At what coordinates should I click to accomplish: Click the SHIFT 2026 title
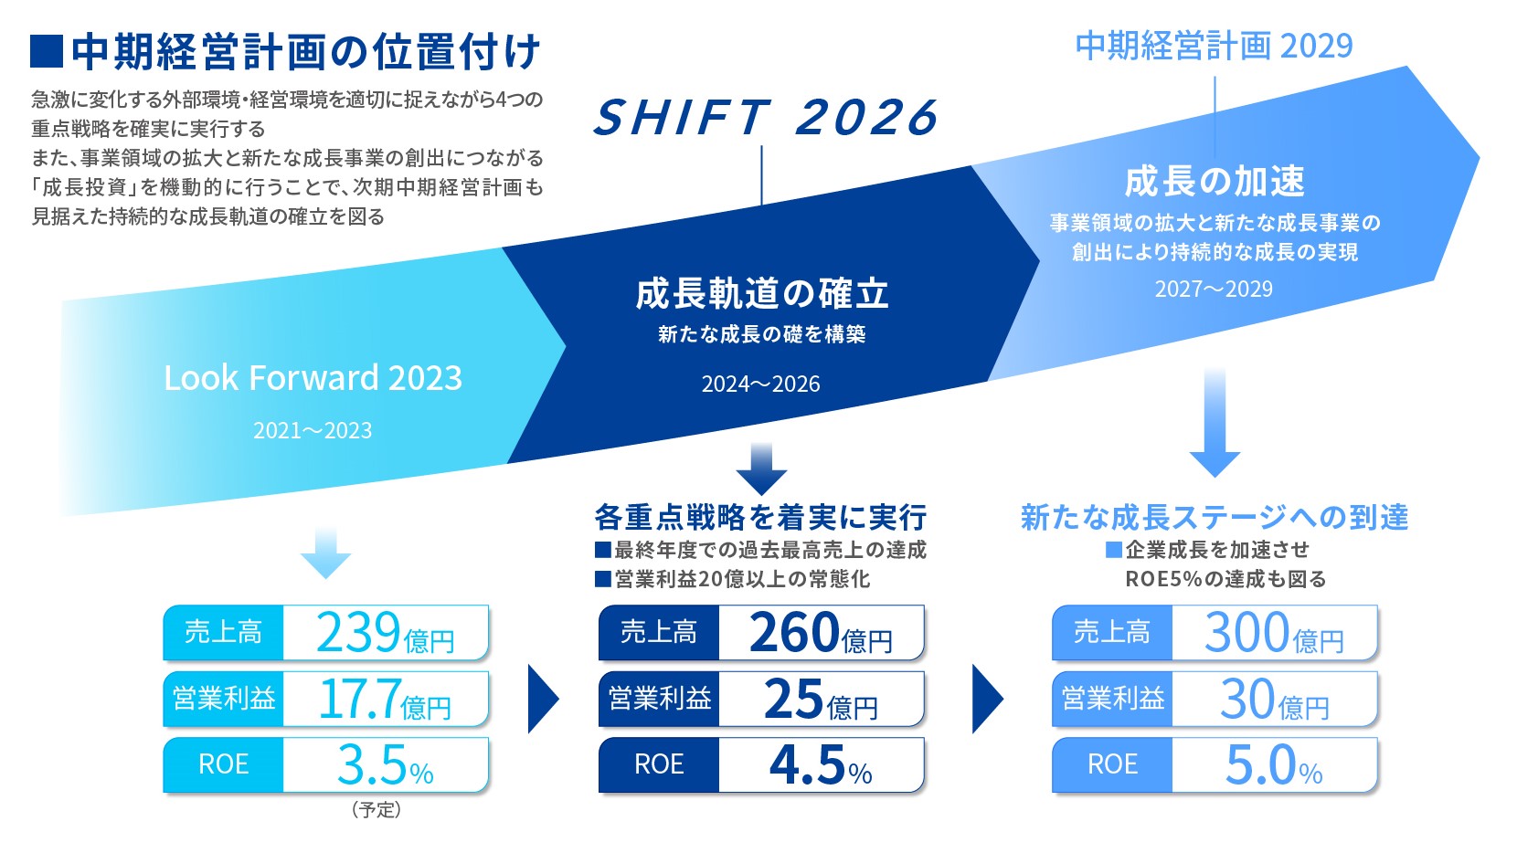(x=766, y=119)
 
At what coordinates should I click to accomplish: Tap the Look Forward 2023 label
(x=313, y=378)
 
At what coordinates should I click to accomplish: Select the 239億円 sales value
(x=385, y=633)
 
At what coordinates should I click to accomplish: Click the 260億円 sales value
(x=821, y=633)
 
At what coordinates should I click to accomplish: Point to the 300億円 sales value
(x=1273, y=633)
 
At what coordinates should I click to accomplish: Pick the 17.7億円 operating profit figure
(x=385, y=700)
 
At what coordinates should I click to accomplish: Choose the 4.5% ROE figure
(x=821, y=765)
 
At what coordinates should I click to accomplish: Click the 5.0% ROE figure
(x=1273, y=765)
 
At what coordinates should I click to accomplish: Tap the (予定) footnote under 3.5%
(x=377, y=810)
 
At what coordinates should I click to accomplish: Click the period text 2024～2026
(x=760, y=384)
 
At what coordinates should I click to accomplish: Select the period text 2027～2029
(x=1214, y=290)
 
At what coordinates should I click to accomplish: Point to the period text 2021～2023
(x=313, y=431)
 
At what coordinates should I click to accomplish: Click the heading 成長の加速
(x=1214, y=182)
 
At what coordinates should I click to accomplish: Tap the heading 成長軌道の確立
(x=762, y=294)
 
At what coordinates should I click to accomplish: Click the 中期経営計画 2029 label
(x=1214, y=46)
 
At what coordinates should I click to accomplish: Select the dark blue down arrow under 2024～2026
(x=761, y=469)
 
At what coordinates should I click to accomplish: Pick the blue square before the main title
(x=46, y=52)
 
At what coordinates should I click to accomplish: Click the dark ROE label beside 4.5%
(x=659, y=765)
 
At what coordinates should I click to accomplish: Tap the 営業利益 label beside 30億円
(x=1112, y=700)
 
